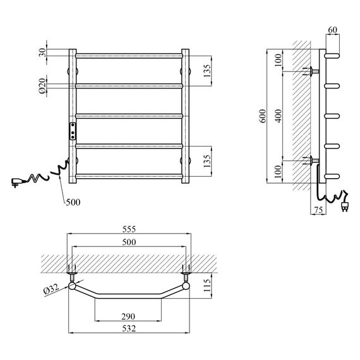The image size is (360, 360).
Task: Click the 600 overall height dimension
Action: pos(263,116)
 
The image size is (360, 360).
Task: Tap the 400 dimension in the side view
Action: pos(279,116)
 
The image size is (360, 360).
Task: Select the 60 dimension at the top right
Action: pos(332,30)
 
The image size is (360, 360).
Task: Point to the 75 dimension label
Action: pos(318,210)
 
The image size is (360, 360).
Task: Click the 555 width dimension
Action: pos(129,229)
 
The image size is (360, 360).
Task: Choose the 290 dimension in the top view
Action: pos(128,316)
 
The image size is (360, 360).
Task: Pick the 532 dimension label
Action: pos(129,328)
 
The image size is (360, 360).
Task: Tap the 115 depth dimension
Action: pos(207,285)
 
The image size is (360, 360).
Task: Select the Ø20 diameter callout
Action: pos(42,86)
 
